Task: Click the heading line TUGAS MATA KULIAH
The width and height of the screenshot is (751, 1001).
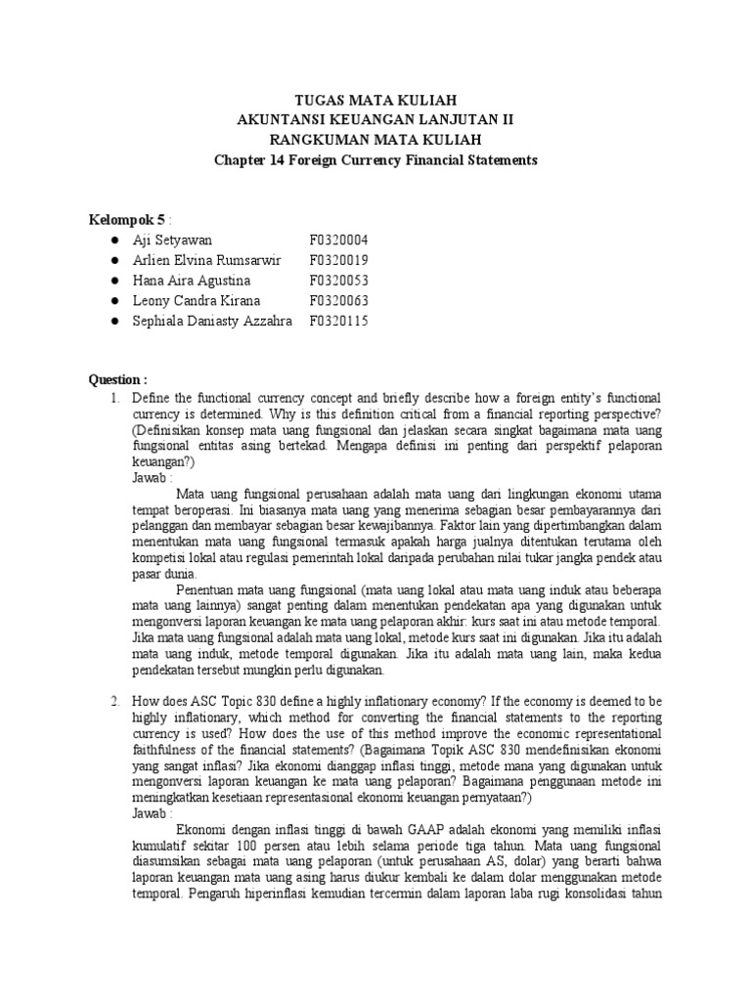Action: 375,101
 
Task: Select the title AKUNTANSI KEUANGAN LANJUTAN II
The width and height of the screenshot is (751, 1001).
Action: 375,120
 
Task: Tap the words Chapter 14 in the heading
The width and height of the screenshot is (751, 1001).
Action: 246,159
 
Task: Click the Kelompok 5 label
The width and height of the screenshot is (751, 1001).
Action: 121,219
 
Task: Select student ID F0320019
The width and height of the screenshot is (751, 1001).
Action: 339,260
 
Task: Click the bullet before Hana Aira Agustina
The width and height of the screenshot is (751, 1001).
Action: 115,281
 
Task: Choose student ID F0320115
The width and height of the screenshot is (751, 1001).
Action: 339,322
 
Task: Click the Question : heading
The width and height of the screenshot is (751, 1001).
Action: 118,380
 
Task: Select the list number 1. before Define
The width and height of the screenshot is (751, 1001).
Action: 114,399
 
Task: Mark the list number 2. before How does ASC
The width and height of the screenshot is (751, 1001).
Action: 114,701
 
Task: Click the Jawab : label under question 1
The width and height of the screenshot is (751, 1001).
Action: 152,478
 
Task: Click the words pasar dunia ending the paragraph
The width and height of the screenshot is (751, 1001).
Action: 163,574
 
